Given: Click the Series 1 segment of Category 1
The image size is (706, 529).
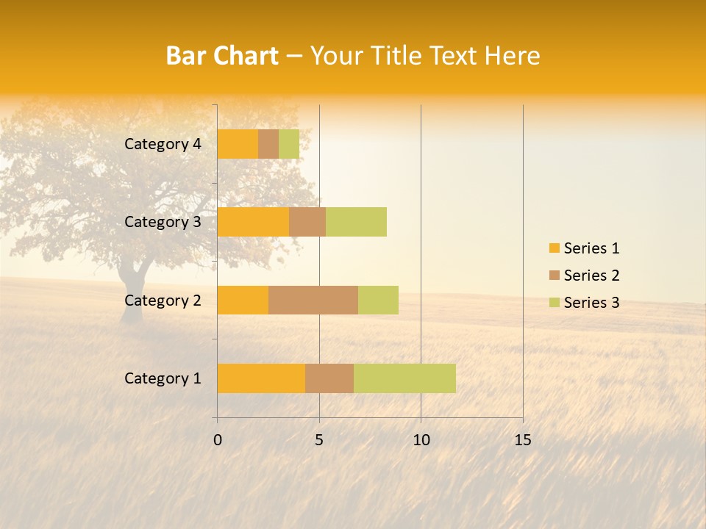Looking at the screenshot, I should pyautogui.click(x=261, y=378).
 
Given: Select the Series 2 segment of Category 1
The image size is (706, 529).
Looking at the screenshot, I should pyautogui.click(x=329, y=378).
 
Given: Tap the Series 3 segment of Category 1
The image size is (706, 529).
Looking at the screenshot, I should pyautogui.click(x=404, y=378).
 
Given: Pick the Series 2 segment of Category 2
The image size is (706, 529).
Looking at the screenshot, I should pyautogui.click(x=313, y=300).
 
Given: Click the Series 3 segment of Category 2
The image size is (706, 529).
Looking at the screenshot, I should pyautogui.click(x=378, y=300).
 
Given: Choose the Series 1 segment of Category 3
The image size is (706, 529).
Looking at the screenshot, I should pyautogui.click(x=253, y=222).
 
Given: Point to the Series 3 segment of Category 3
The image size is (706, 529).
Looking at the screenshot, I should pyautogui.click(x=356, y=222).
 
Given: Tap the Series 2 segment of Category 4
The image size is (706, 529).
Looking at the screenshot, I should pyautogui.click(x=268, y=144).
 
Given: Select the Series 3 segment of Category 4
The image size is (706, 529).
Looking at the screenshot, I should pyautogui.click(x=289, y=144).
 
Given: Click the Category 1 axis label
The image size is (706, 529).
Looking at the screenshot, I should pyautogui.click(x=163, y=378).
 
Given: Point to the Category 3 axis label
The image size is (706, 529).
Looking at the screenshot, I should pyautogui.click(x=163, y=222).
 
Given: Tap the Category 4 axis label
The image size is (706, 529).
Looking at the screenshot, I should pyautogui.click(x=163, y=144).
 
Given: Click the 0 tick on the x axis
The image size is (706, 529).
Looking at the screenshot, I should pyautogui.click(x=218, y=440).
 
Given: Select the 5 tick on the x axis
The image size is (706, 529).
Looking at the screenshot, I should pyautogui.click(x=319, y=440).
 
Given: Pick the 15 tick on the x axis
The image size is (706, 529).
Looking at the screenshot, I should pyautogui.click(x=523, y=440).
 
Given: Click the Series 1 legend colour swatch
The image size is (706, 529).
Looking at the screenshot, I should pyautogui.click(x=554, y=248).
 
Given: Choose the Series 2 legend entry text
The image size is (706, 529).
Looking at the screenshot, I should pyautogui.click(x=591, y=276).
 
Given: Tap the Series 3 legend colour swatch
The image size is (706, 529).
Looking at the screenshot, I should pyautogui.click(x=554, y=303).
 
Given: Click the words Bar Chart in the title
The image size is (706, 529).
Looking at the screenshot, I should pyautogui.click(x=222, y=56).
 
